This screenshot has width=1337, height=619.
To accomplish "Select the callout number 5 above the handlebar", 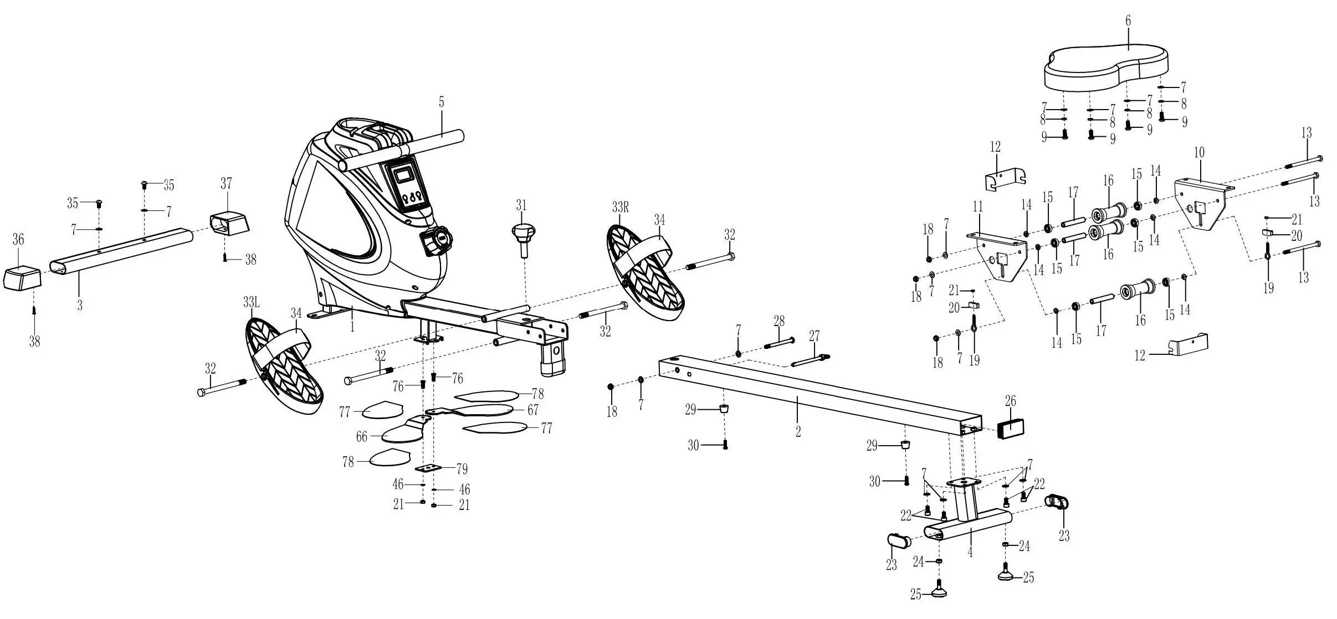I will (x=442, y=103).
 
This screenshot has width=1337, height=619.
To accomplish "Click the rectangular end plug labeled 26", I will (x=1011, y=428).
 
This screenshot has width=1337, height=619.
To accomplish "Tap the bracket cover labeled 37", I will (x=229, y=223).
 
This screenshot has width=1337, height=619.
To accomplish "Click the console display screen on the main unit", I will (x=404, y=176).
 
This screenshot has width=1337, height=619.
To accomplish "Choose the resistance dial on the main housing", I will (x=437, y=241).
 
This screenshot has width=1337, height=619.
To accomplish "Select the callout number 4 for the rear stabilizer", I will (x=970, y=552).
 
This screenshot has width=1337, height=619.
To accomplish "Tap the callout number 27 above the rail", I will (x=814, y=336).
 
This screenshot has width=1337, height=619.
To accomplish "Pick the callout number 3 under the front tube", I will (x=80, y=305).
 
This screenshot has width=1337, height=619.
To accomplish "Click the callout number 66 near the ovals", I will (x=362, y=437).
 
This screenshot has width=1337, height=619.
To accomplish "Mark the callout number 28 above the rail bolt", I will (x=779, y=321).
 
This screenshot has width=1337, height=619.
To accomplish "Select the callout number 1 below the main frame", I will (x=352, y=327).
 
